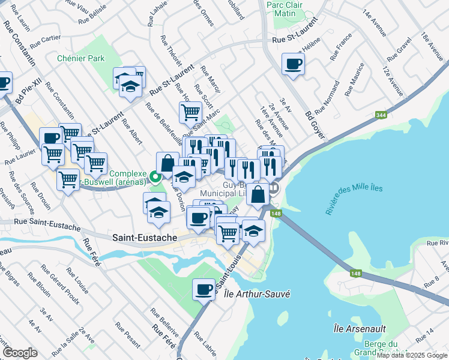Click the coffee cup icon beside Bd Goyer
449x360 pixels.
point(293,64)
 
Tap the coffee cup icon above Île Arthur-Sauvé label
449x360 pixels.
point(203,290)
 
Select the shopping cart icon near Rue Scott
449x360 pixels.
point(190,112)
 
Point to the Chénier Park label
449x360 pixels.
point(80,58)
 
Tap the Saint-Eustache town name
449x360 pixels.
point(145,238)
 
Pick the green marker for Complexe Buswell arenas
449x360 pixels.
point(155,176)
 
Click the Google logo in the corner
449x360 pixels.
point(20,353)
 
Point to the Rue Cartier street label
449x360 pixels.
point(45,40)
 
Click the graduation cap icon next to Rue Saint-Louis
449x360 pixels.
point(253,232)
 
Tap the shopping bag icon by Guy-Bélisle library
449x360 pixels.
point(258,194)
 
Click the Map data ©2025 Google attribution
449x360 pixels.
point(412,355)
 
